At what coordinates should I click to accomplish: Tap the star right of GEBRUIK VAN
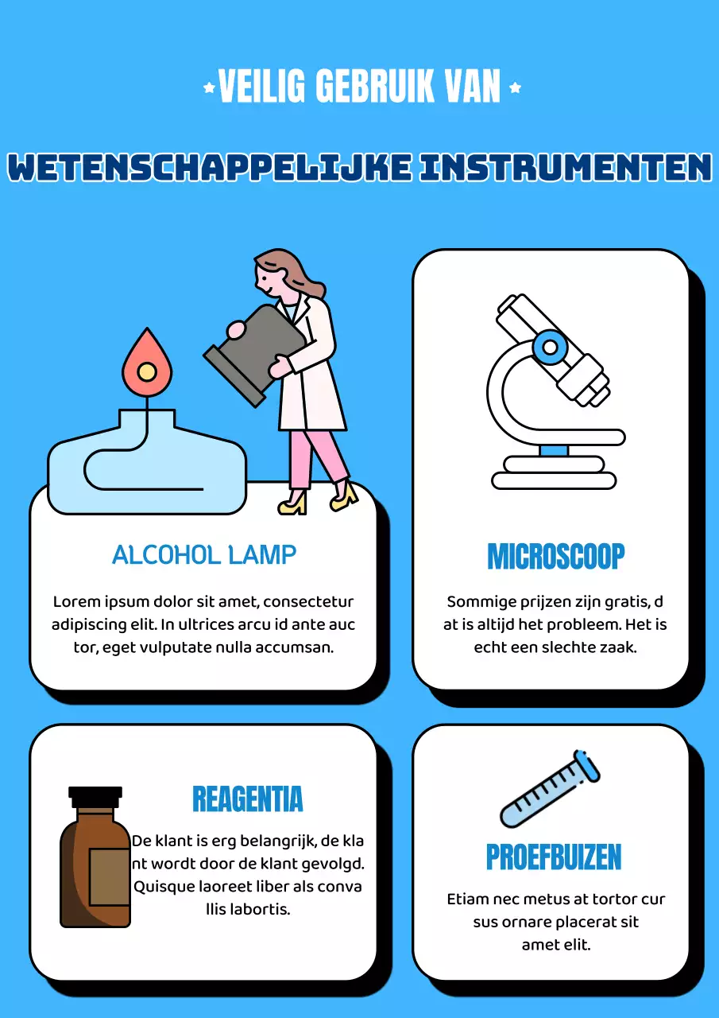point(515,87)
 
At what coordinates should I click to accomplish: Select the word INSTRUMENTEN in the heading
point(565,167)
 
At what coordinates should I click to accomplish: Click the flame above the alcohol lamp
point(147,363)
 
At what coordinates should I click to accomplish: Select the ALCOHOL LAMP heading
point(204,554)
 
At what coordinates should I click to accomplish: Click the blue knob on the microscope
point(547,346)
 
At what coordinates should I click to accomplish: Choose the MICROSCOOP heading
point(555,557)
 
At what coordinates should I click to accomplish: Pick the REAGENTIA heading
point(248,798)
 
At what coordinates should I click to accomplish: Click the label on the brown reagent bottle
point(110,876)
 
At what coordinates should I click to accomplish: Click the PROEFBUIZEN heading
point(554,857)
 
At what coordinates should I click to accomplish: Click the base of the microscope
point(554,480)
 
